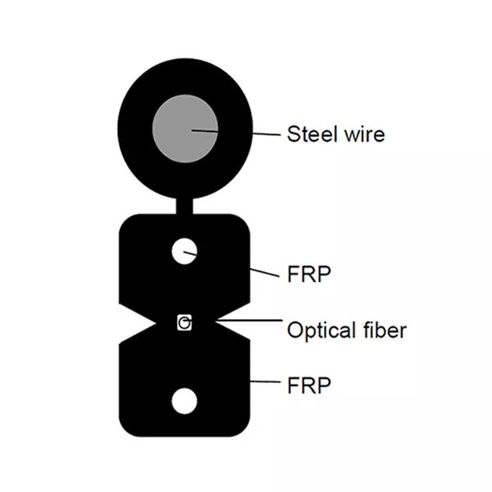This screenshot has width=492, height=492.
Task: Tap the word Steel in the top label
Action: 308,133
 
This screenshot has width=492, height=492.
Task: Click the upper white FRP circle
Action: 184,251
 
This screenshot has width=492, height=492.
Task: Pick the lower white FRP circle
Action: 184,400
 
